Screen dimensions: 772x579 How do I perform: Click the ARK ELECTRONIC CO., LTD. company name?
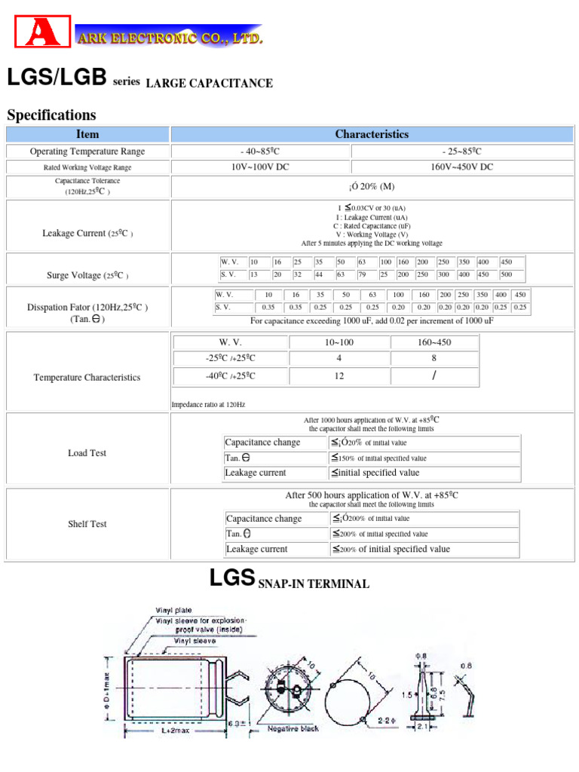pyautogui.click(x=170, y=37)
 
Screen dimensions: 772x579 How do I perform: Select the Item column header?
pyautogui.click(x=87, y=134)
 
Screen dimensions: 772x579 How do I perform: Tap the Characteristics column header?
pyautogui.click(x=372, y=134)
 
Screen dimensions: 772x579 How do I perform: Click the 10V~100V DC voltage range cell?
pyautogui.click(x=260, y=167)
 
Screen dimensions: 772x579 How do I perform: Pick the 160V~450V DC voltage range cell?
pyautogui.click(x=461, y=167)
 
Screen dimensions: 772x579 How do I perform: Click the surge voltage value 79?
pyautogui.click(x=362, y=274)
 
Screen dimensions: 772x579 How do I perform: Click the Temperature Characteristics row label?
pyautogui.click(x=87, y=377)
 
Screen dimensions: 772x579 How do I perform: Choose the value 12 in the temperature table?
pyautogui.click(x=339, y=375)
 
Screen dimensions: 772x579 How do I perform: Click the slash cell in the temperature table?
pyautogui.click(x=433, y=375)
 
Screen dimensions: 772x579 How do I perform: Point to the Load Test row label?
pyautogui.click(x=87, y=453)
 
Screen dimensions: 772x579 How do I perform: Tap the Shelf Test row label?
pyautogui.click(x=87, y=524)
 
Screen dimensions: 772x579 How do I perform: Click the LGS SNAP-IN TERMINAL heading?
pyautogui.click(x=289, y=581)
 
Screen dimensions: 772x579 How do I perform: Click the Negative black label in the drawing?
pyautogui.click(x=293, y=728)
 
